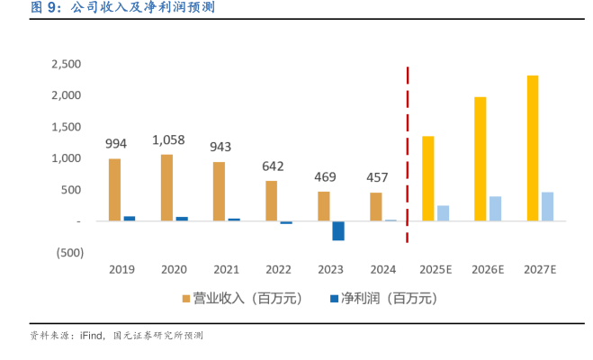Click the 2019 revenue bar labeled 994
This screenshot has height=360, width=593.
point(114,189)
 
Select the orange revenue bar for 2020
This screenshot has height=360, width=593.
point(166,187)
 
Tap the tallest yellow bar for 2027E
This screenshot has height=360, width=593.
point(533,148)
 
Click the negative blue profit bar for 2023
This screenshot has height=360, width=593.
point(338,230)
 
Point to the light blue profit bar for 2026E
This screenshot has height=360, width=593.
point(495,208)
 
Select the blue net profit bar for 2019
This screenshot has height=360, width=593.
point(129,218)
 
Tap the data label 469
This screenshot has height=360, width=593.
point(324,176)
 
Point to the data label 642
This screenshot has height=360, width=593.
point(272,166)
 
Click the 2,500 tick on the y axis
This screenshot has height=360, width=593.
point(67,64)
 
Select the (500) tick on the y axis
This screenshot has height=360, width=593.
point(68,253)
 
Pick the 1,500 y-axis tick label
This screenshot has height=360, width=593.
point(67,127)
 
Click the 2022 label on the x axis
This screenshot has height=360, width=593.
point(278,269)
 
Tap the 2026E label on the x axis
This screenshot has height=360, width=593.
point(488,269)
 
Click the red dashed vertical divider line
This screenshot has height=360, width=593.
point(408,153)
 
